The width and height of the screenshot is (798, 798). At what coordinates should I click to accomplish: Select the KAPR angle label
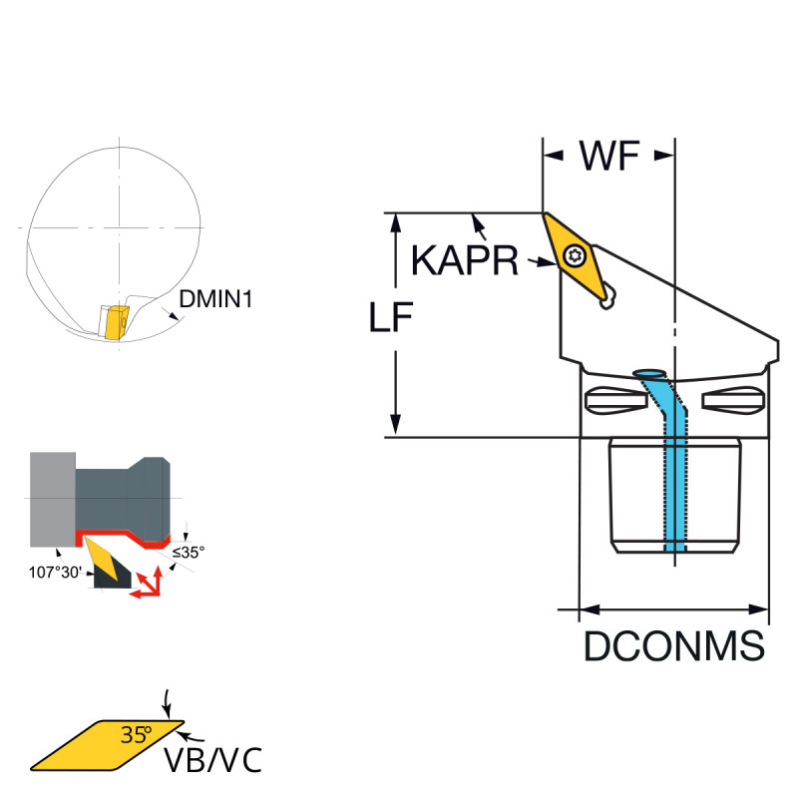tap(465, 262)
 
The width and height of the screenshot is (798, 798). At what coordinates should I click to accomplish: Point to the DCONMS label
tap(674, 646)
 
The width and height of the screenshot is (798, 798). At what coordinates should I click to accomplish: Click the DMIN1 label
tap(214, 298)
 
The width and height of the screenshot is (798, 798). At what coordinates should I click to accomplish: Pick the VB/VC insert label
tap(212, 760)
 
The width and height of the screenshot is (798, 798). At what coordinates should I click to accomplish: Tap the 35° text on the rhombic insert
tap(137, 736)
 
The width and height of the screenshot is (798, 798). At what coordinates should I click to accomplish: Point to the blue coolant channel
tap(674, 469)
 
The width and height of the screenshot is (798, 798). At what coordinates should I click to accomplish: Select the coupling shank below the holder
tap(674, 494)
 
